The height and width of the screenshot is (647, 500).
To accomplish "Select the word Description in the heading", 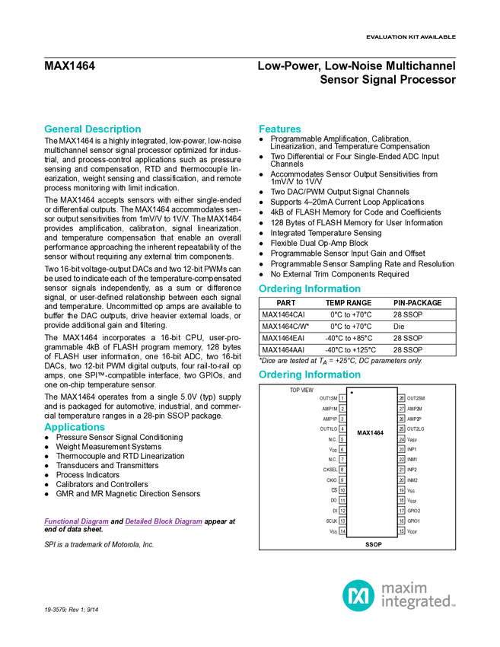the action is tap(113, 129).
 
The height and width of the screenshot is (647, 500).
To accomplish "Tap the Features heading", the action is tap(280, 129).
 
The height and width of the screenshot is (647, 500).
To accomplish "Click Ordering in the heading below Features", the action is tap(279, 289).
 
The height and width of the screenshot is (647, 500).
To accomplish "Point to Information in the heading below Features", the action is tap(333, 289).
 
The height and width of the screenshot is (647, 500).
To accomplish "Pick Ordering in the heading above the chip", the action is tap(279, 374).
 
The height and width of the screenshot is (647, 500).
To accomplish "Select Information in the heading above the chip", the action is tap(333, 374).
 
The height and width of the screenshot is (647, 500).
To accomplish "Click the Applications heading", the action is tap(75, 428).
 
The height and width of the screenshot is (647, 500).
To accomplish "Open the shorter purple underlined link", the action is tap(76, 522).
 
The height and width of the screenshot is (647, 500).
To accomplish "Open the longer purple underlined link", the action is tap(164, 522).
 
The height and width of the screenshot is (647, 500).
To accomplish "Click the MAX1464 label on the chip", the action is tap(371, 432).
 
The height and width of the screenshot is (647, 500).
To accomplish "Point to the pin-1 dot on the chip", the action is tap(352, 393).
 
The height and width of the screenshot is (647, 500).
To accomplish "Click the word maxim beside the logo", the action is tap(404, 588).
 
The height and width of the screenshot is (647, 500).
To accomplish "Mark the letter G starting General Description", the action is tap(46, 129).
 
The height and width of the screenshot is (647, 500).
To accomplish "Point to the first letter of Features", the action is tap(261, 129).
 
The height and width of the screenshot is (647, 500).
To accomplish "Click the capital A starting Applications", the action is tap(46, 428).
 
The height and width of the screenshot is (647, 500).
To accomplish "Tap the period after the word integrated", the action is tap(454, 605).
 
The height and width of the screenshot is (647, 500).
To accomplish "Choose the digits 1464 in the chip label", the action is tap(377, 432).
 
